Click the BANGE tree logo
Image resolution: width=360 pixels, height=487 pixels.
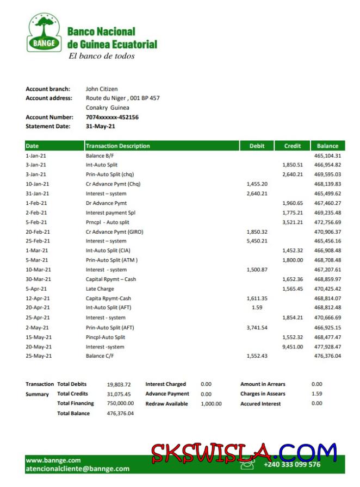[x=45, y=33]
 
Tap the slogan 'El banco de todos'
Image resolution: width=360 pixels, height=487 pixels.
[x=101, y=56]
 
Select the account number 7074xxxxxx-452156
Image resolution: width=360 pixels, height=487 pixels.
[x=112, y=117]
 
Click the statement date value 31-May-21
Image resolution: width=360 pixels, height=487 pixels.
[x=101, y=126]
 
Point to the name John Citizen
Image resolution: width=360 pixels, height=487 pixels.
[x=102, y=89]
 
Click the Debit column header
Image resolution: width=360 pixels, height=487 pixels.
[x=257, y=146]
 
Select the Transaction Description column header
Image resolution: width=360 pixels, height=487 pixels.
[x=118, y=146]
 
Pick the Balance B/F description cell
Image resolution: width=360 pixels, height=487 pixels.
[x=101, y=155]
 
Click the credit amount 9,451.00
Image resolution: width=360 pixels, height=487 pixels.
[x=293, y=346]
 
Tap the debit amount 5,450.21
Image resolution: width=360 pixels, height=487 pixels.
[x=257, y=241]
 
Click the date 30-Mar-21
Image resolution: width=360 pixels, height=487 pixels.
[x=38, y=279]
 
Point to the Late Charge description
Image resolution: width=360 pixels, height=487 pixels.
[x=100, y=289]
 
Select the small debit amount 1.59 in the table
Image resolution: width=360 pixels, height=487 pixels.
[x=257, y=308]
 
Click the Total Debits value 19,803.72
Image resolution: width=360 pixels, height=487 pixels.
[x=119, y=384]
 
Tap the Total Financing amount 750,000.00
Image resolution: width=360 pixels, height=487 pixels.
[x=120, y=403]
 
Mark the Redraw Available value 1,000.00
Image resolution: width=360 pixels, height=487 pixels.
[x=211, y=404]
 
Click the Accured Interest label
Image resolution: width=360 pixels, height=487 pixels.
[x=260, y=404]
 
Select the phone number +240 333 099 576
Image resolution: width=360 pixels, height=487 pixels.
[x=292, y=464]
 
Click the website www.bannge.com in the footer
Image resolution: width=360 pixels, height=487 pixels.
[x=53, y=460]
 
